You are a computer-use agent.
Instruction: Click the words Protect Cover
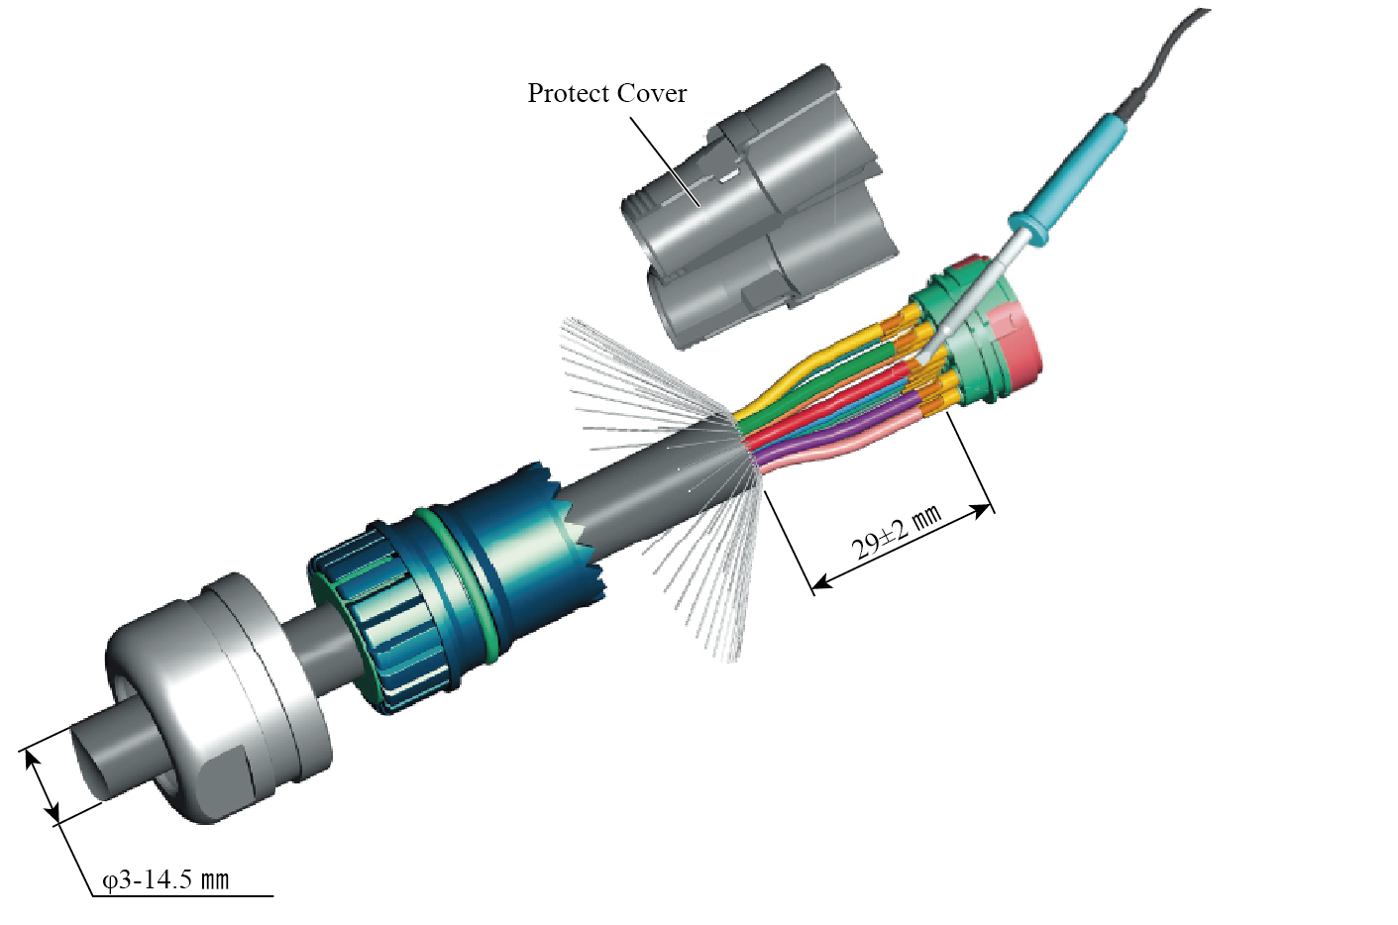(x=606, y=93)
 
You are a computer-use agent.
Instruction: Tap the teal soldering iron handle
(x=1076, y=174)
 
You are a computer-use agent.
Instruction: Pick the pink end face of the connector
(x=1021, y=342)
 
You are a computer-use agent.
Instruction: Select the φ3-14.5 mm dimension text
(x=166, y=880)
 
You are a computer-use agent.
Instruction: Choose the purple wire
(x=842, y=432)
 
